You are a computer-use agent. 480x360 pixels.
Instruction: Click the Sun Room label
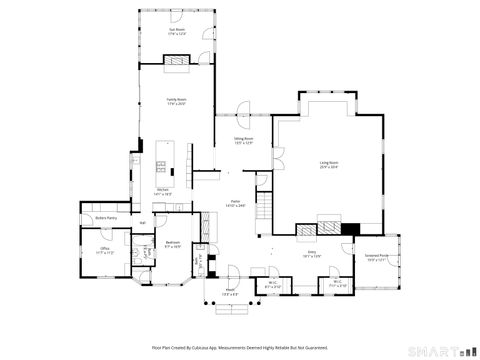pos(176,31)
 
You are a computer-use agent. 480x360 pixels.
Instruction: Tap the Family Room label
pos(176,100)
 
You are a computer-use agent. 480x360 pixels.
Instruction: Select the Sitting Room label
pos(243,141)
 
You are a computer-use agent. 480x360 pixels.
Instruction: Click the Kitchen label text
pos(160,190)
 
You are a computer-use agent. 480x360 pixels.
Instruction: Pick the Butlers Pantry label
pos(106,217)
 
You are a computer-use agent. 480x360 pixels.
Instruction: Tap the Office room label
pos(104,250)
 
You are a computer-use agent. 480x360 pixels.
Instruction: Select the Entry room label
pos(312,255)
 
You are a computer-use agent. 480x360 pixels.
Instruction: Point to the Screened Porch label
pos(377,256)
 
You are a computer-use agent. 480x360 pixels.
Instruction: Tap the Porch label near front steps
pos(229,293)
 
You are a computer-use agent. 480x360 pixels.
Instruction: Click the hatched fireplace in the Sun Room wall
pos(176,60)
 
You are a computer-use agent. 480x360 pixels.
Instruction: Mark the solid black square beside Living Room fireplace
pos(349,228)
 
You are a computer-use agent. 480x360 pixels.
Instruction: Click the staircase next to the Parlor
pos(264,209)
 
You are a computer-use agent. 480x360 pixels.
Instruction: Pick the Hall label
pos(143,222)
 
